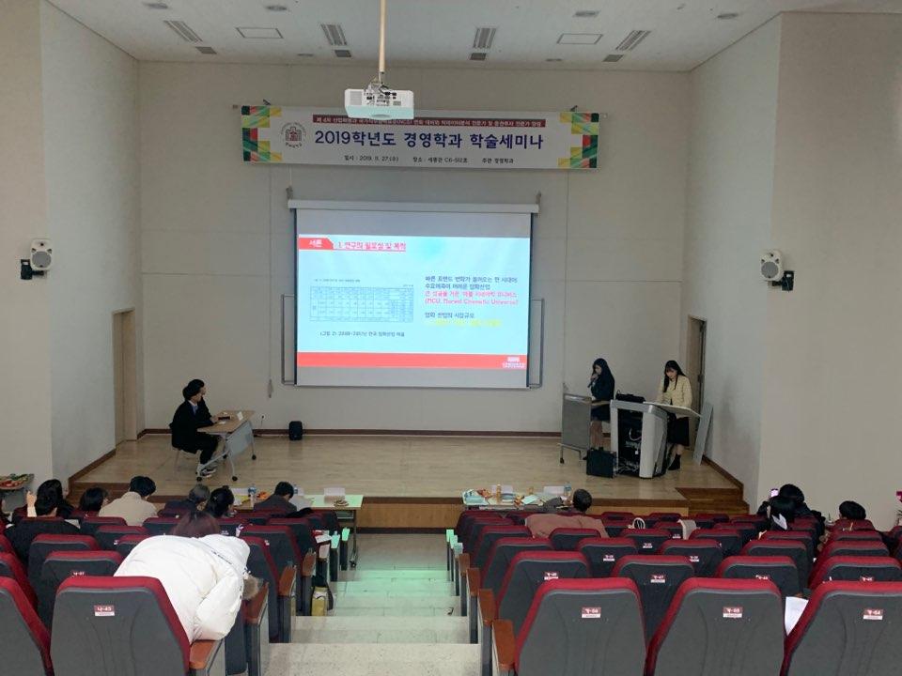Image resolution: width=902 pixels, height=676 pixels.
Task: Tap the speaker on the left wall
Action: (39, 255)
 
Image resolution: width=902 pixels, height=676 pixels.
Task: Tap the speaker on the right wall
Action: (772, 266)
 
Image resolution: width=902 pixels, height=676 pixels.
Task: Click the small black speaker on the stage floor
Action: (296, 430)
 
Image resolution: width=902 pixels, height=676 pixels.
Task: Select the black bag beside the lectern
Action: (599, 462)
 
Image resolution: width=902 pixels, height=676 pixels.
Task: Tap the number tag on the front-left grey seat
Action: (103, 610)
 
